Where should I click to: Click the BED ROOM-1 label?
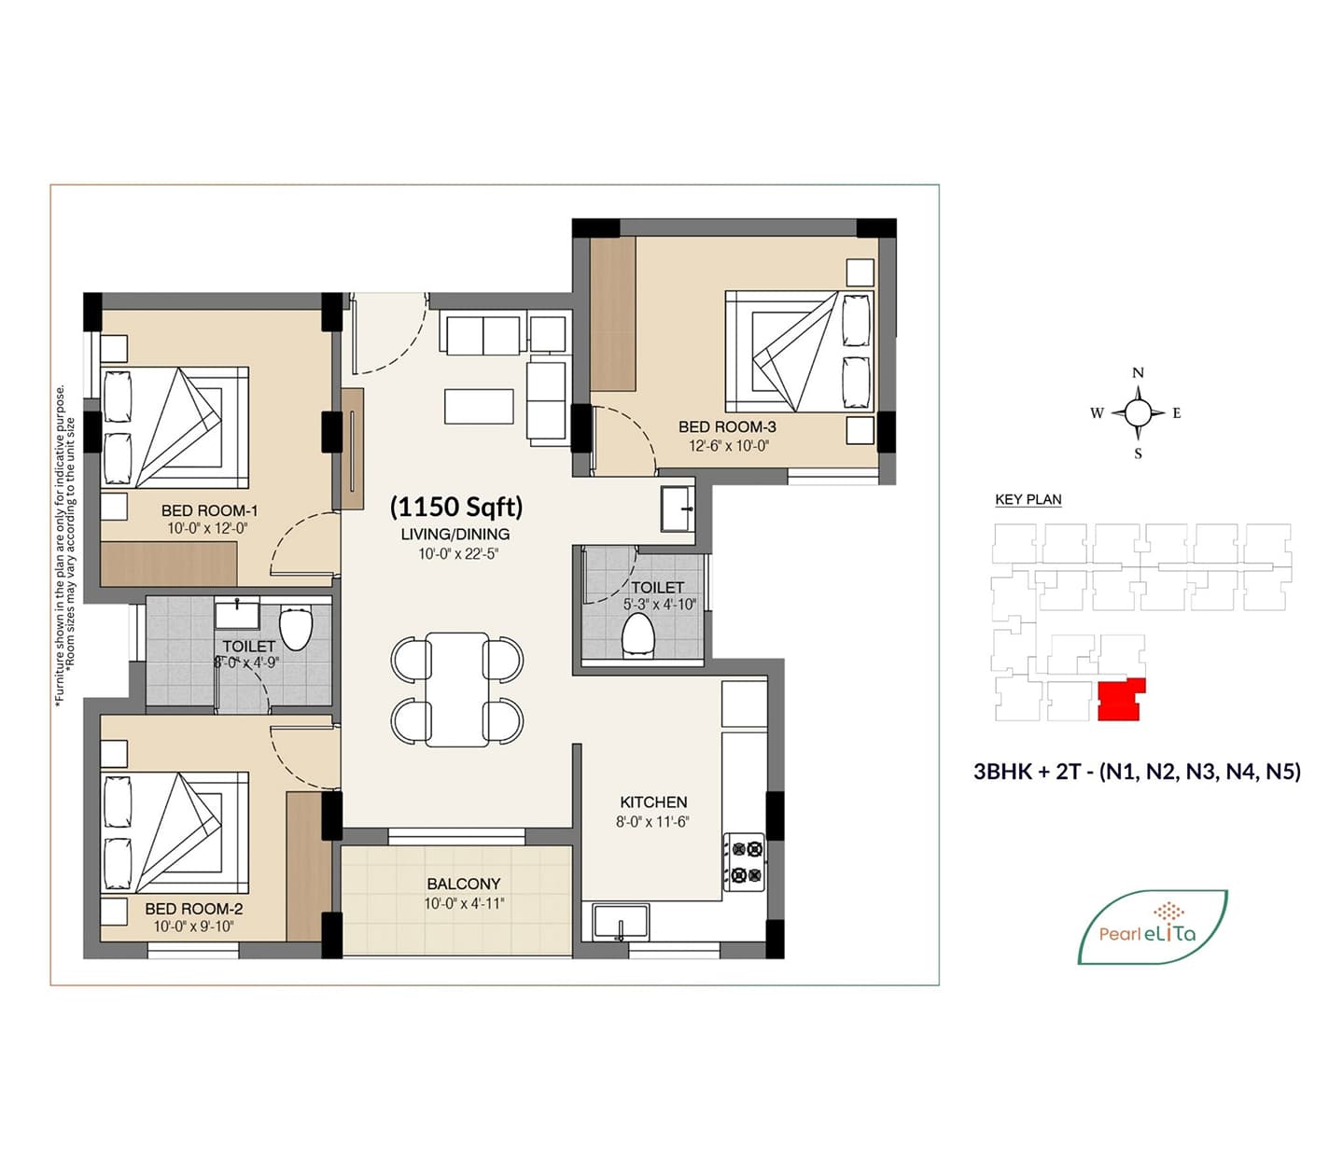pos(209,510)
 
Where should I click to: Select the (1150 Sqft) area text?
pos(456,507)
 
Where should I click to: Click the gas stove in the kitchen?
pos(745,862)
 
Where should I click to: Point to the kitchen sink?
pos(621,923)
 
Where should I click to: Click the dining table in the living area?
pos(457,689)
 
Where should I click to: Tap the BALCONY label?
pos(464,884)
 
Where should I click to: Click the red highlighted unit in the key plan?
pos(1122,700)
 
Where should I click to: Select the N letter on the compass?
pos(1139,372)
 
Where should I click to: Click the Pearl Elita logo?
pos(1153,927)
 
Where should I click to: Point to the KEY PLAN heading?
pos(1028,499)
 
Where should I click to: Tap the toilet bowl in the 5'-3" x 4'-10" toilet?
pos(638,634)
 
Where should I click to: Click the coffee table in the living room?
pos(479,407)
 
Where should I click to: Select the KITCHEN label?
pos(653,802)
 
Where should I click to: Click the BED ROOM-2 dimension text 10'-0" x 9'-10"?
pos(193,927)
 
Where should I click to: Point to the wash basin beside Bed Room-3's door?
pos(678,509)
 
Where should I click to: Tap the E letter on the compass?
pos(1176,413)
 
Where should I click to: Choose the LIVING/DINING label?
pos(455,534)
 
